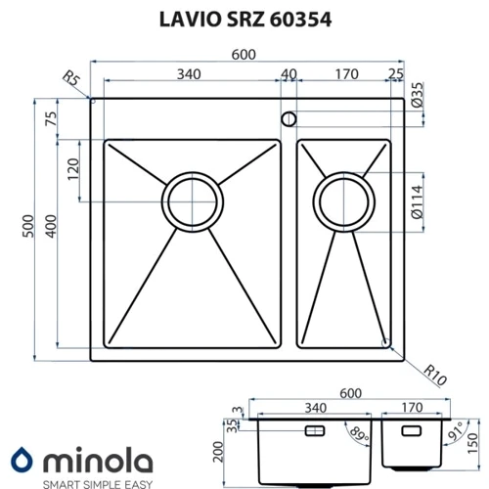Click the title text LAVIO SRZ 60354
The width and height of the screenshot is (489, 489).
245,20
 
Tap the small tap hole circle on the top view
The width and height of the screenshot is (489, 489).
289,119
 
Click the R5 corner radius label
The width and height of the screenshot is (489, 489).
71,78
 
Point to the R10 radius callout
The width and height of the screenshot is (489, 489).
435,375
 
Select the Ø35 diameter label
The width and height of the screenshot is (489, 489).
417,95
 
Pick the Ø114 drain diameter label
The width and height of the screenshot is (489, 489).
417,202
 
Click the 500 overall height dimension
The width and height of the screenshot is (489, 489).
28,226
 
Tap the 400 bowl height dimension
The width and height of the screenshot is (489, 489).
51,226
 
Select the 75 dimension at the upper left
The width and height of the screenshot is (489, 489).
51,118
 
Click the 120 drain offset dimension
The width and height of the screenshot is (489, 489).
73,169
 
